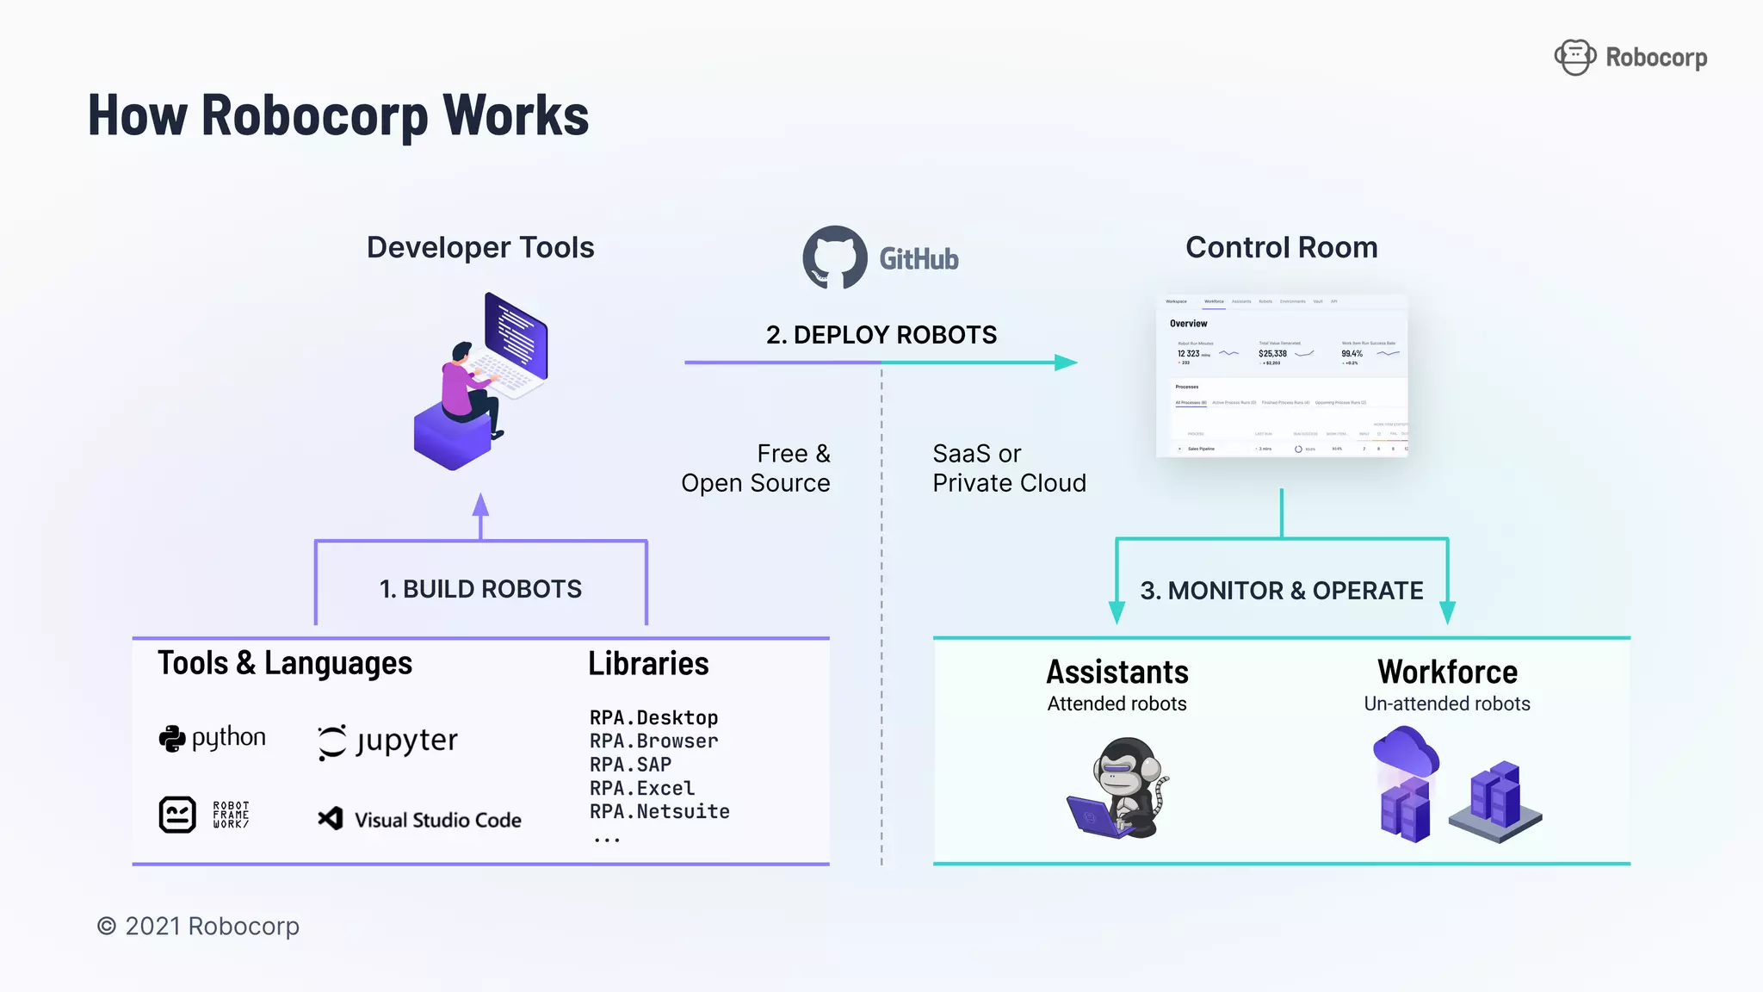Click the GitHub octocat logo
(x=834, y=257)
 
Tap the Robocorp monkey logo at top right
(x=1574, y=58)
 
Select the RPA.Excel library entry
(x=641, y=788)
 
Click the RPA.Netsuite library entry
(x=659, y=811)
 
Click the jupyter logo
(x=387, y=741)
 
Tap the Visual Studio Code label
(x=437, y=820)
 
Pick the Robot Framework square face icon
(x=177, y=814)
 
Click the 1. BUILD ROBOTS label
(x=480, y=589)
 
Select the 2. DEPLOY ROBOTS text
(x=881, y=335)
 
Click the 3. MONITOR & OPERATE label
(x=1281, y=591)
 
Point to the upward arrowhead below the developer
(x=480, y=505)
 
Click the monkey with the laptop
(x=1118, y=787)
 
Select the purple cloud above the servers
(x=1405, y=751)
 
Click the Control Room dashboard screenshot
(x=1281, y=375)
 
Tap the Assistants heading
(x=1117, y=673)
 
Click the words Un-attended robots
(x=1446, y=704)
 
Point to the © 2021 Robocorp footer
(x=198, y=927)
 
